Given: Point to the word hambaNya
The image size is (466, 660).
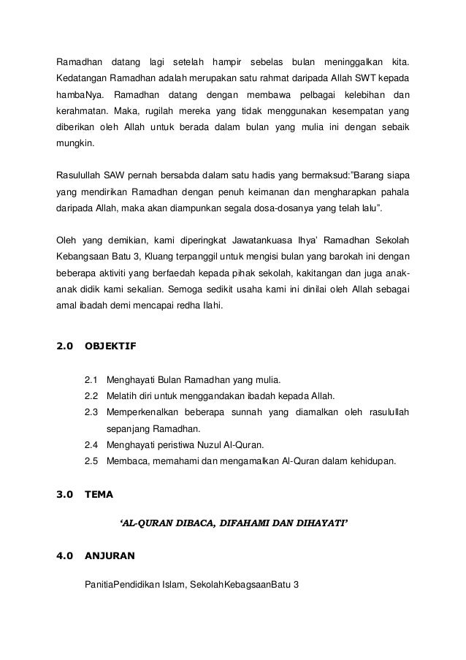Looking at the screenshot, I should pyautogui.click(x=80, y=96).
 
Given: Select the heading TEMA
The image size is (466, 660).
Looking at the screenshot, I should pyautogui.click(x=99, y=494).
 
